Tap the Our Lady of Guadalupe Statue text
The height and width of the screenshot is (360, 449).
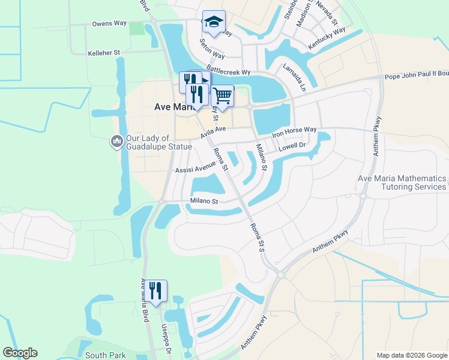pos(158,142)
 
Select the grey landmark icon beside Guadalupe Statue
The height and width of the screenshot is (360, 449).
pos(116,142)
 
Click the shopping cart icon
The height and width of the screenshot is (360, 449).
pos(223,95)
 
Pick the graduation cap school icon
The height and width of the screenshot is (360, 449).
pos(213,22)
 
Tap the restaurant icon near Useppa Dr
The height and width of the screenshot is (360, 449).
pos(155,291)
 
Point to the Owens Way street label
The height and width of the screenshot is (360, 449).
pos(109,23)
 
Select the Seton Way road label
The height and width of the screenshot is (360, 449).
pos(211,49)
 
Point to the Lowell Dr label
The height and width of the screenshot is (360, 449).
pos(292,145)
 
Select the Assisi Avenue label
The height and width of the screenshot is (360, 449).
pos(194,168)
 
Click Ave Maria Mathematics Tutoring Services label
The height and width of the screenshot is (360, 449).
pos(402,183)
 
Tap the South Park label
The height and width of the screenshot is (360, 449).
pos(105,355)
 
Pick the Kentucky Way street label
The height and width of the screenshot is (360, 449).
pos(327,38)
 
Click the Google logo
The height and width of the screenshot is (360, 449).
pos(20,353)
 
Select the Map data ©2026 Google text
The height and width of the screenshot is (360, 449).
pos(411,355)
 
